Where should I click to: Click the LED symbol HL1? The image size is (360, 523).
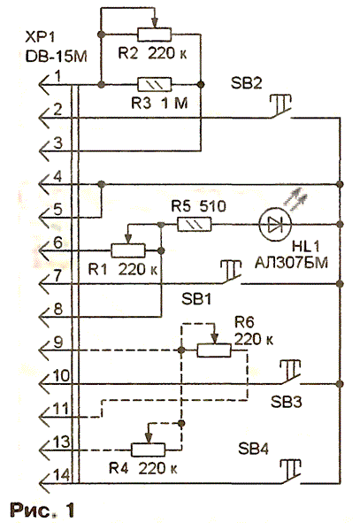275,224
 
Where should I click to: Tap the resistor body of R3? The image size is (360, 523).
154,85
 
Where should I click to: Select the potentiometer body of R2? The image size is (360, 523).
154,35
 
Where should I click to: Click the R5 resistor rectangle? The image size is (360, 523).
195,225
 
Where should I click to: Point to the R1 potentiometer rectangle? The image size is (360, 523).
128,250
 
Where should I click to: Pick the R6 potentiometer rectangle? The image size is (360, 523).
214,350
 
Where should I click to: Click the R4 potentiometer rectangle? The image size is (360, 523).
148,450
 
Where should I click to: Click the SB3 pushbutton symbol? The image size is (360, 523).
289,373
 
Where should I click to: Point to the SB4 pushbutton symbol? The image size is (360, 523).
289,472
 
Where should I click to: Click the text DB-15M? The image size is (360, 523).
57,57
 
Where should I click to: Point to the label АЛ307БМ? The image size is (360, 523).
291,263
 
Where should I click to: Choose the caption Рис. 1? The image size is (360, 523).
42,511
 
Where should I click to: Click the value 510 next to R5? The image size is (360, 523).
212,206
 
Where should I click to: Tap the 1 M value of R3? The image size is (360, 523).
174,103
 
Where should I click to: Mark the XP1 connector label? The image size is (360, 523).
41,37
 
